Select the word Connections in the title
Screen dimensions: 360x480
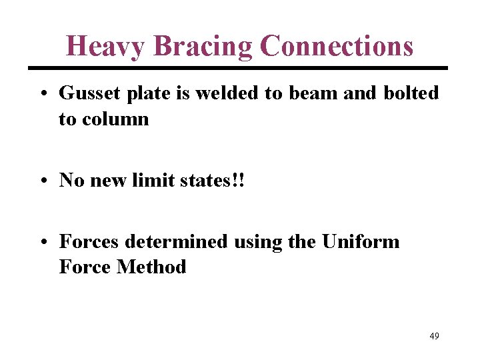(337, 47)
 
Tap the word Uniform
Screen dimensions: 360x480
(361, 241)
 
